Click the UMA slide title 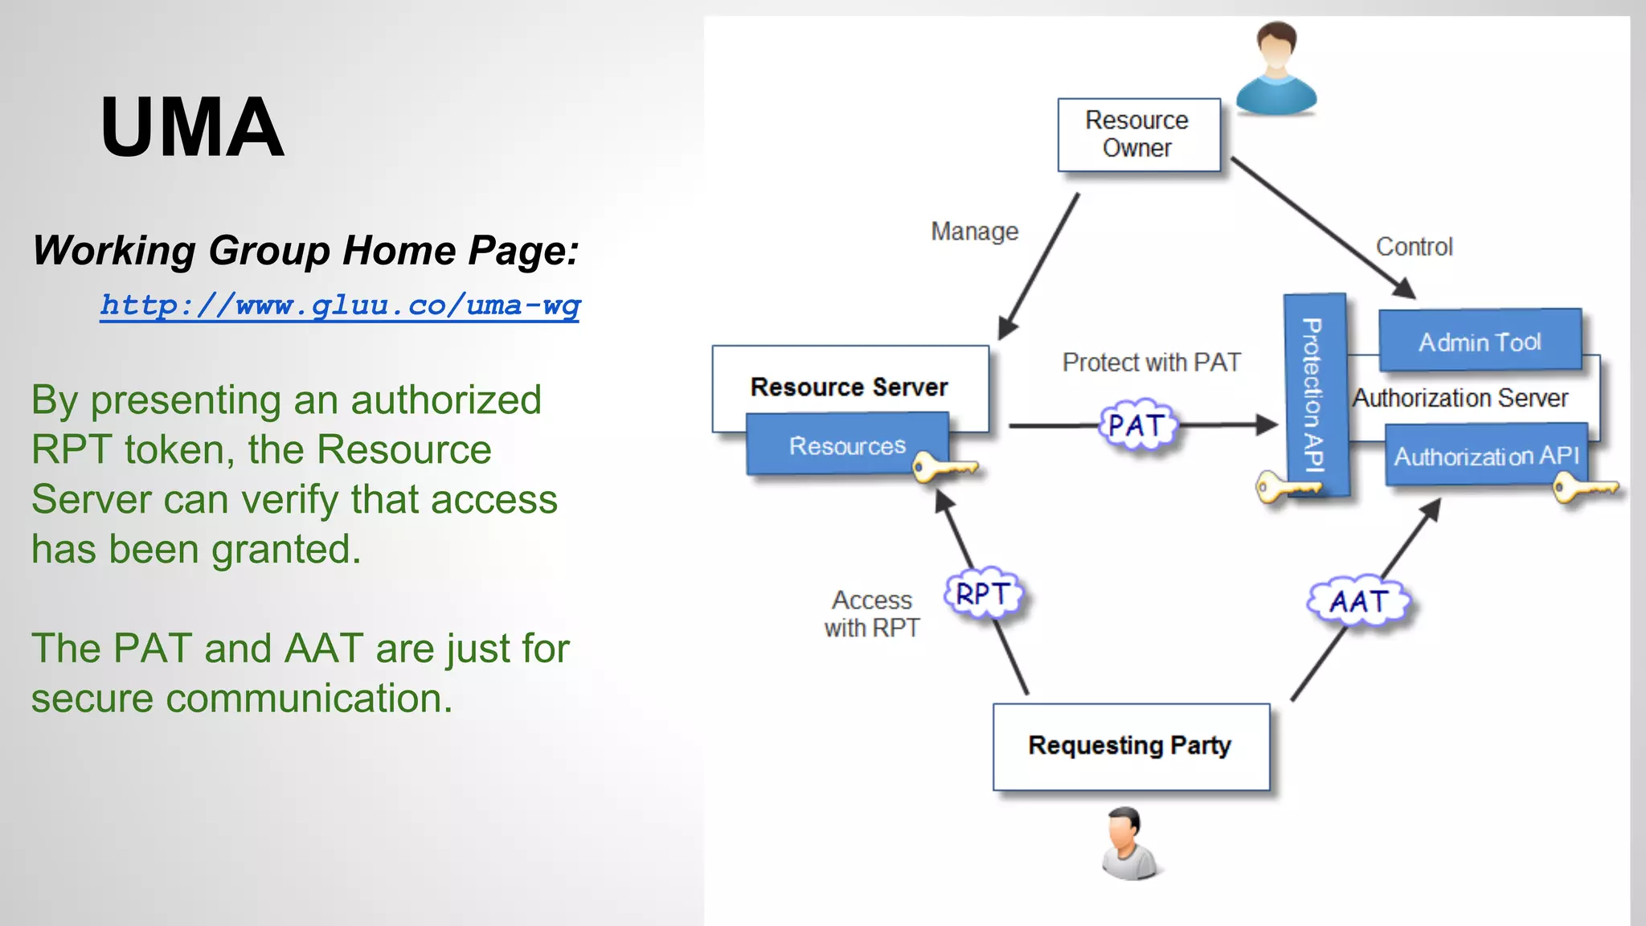(x=192, y=127)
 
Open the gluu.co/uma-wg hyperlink (x=339, y=305)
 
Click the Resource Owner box (x=1137, y=134)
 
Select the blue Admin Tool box (x=1480, y=342)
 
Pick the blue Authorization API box (x=1486, y=456)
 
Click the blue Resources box (x=847, y=445)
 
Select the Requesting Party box (x=1130, y=746)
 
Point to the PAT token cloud (x=1136, y=424)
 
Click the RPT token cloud (x=984, y=594)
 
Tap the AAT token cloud (x=1358, y=600)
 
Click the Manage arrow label (x=974, y=231)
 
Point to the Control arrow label (x=1414, y=247)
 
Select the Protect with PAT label (x=1151, y=363)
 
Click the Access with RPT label (x=872, y=613)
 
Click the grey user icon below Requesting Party (x=1130, y=843)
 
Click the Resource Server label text (x=849, y=387)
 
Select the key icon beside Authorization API (x=1583, y=487)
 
